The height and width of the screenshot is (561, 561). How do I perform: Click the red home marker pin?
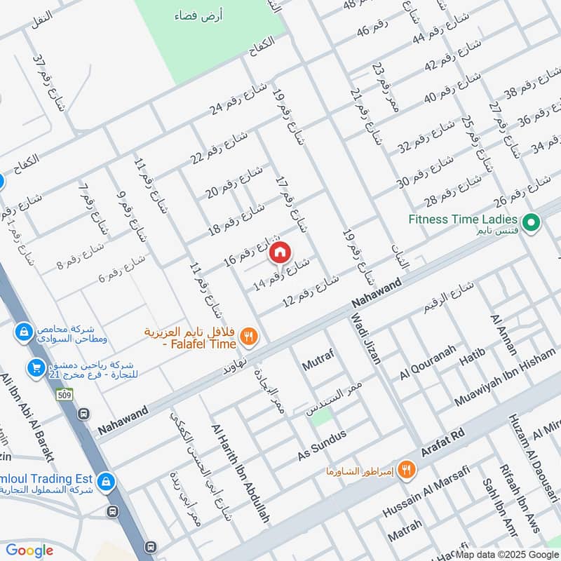pos(280,252)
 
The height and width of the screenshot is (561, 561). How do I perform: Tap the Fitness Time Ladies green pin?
pos(532,223)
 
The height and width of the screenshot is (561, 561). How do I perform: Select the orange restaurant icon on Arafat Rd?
pos(405,470)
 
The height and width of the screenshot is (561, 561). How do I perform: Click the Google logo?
pos(29,550)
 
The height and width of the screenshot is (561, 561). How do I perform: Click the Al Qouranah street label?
pos(428,363)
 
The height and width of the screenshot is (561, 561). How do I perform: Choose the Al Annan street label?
pos(505,335)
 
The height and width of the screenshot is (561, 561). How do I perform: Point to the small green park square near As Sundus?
pos(322,418)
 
